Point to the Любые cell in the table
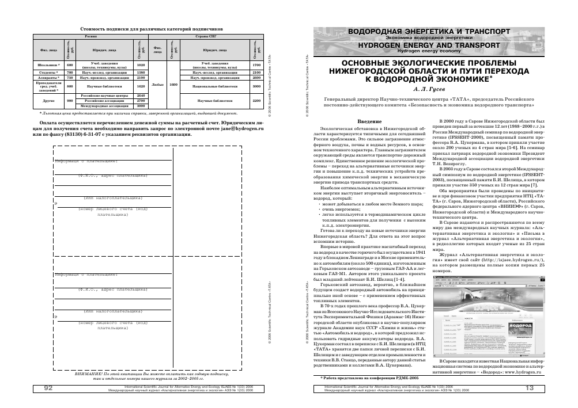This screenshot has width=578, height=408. click(x=157, y=85)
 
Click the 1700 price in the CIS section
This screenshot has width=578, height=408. click(x=257, y=65)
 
